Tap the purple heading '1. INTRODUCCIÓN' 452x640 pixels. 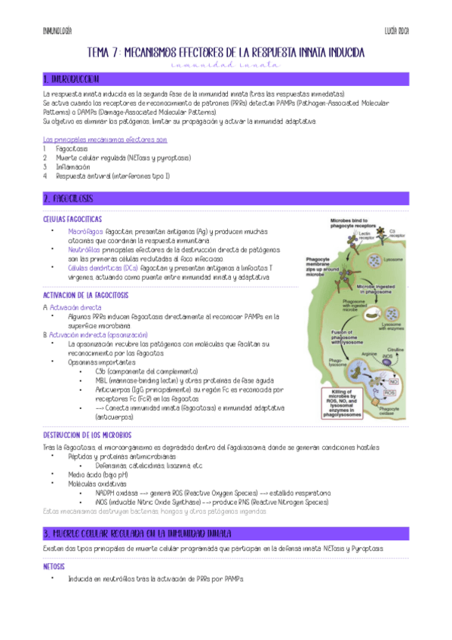(x=71, y=79)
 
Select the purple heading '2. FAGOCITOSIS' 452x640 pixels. (x=69, y=198)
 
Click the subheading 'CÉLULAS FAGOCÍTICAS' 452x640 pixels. (x=72, y=218)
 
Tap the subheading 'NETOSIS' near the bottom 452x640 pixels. (x=55, y=566)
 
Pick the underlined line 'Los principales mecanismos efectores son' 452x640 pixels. (x=105, y=140)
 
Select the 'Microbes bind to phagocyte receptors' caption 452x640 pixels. (x=355, y=225)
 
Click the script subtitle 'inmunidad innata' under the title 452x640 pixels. (x=226, y=66)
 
